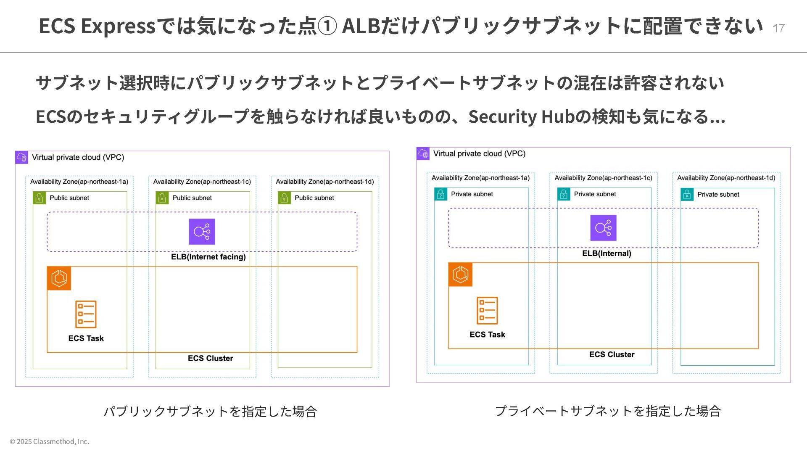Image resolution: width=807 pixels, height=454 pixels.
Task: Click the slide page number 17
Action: click(778, 28)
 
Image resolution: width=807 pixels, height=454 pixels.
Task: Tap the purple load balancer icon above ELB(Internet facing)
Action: click(202, 232)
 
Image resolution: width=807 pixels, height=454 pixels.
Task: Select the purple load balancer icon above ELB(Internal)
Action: click(603, 228)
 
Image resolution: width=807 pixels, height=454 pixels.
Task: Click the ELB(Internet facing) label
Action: click(208, 257)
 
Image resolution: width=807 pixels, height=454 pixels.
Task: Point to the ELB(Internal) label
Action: click(607, 253)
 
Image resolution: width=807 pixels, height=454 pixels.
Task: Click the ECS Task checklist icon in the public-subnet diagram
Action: click(86, 314)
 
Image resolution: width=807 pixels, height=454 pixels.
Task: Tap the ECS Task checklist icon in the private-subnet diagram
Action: click(487, 311)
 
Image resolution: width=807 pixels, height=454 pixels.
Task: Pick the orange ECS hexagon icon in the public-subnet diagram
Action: click(59, 278)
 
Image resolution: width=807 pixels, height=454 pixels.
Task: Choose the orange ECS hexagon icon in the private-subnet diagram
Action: click(460, 275)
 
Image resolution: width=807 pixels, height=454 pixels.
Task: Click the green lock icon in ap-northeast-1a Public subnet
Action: click(39, 198)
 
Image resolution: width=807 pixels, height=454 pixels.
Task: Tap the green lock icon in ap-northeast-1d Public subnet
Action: click(284, 198)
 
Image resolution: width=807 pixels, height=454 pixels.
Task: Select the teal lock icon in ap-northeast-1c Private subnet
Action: click(564, 194)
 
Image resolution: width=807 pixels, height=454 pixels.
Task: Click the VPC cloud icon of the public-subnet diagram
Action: click(21, 158)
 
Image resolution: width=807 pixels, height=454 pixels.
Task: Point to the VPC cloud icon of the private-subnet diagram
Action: click(423, 154)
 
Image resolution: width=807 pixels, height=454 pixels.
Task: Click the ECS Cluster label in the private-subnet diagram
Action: click(612, 354)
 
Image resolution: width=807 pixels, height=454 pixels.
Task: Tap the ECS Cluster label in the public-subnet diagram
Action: click(210, 358)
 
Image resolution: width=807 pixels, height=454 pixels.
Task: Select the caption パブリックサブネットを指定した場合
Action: click(210, 411)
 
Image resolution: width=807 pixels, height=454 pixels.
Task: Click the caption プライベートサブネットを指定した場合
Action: click(608, 411)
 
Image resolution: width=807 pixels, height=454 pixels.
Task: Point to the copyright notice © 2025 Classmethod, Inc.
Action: click(49, 441)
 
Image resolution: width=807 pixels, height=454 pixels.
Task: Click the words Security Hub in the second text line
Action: click(521, 116)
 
